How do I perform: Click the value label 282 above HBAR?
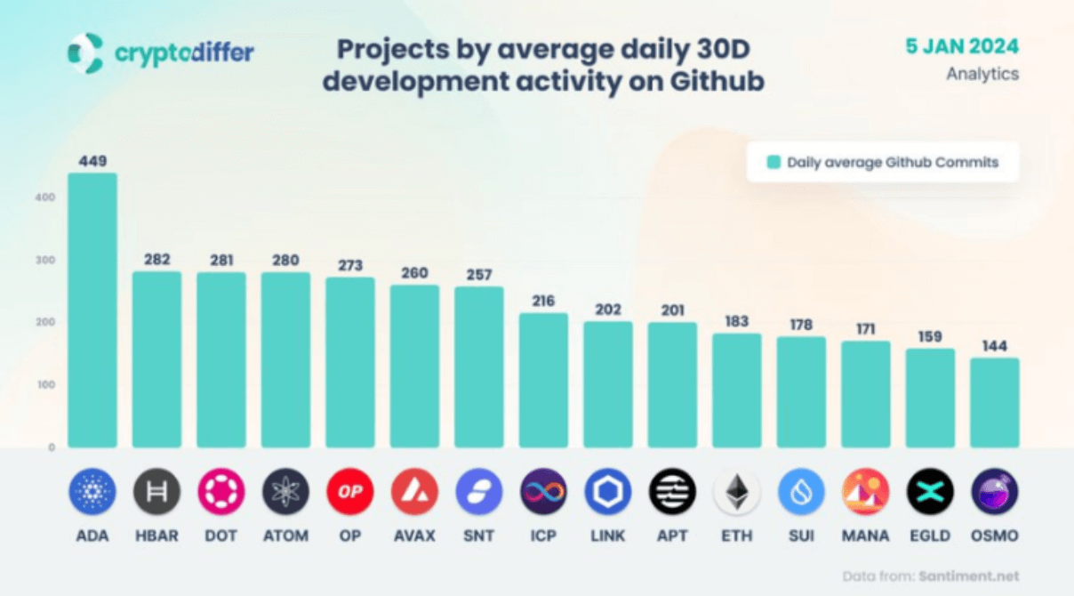(156, 260)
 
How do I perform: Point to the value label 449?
(92, 161)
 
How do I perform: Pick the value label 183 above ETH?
(736, 322)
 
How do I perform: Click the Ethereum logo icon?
(736, 492)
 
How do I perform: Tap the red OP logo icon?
(350, 492)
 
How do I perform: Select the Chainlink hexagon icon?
(608, 492)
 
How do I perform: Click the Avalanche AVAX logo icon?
(414, 492)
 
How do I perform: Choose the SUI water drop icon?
(801, 492)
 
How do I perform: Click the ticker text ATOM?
(285, 536)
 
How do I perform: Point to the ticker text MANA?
(865, 536)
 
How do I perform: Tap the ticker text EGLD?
(930, 536)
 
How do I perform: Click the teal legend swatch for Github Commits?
(773, 163)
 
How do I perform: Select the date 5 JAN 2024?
(962, 46)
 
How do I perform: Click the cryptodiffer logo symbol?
(85, 52)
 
